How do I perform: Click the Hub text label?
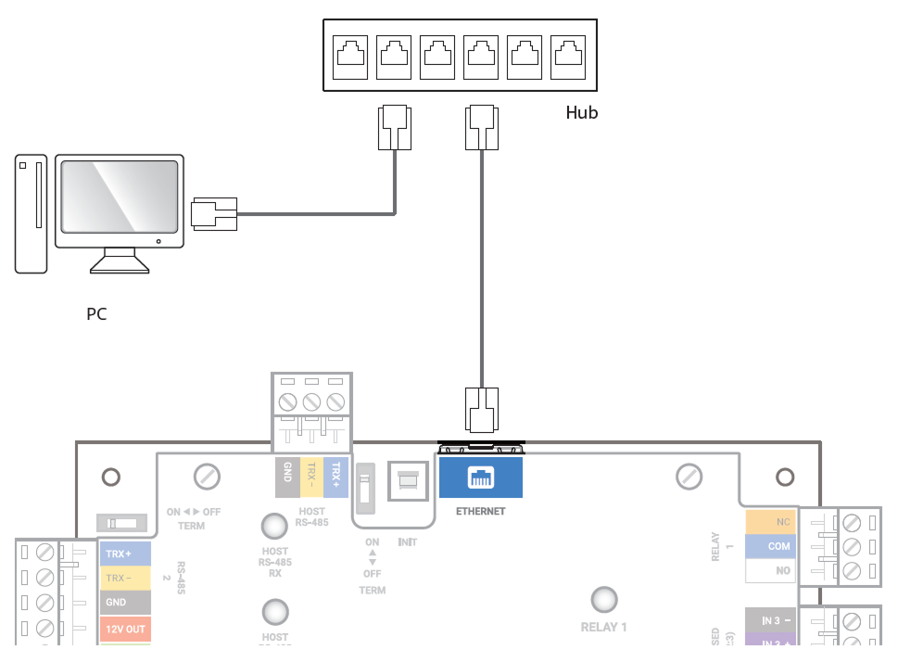[x=581, y=113]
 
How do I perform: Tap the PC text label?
[x=96, y=313]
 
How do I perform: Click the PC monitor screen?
[x=119, y=197]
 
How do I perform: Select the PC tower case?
[x=31, y=214]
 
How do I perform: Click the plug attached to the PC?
[x=214, y=214]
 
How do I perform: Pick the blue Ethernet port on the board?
[x=481, y=478]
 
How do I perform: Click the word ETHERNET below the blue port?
[x=480, y=511]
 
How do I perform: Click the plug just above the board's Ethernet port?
[x=481, y=409]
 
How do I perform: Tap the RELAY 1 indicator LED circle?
[x=604, y=599]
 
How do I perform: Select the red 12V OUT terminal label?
[x=124, y=630]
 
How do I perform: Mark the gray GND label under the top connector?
[x=287, y=476]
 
